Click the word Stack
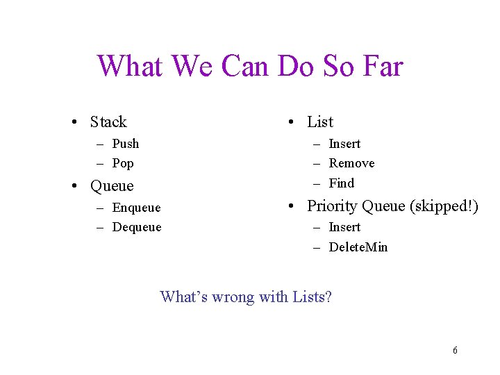coord(108,122)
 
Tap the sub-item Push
coord(126,144)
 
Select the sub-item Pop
coord(123,164)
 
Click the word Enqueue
coord(136,208)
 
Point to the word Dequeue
coord(137,227)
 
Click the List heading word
coord(320,122)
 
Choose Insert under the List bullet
coord(344,144)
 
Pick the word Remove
coord(351,163)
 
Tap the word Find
coord(342,183)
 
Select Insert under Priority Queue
coord(344,227)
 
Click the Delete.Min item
coord(358,247)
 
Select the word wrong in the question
coord(233,297)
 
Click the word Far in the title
coord(382,67)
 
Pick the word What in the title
coord(130,67)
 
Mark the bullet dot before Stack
coord(73,123)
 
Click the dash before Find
coord(316,183)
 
